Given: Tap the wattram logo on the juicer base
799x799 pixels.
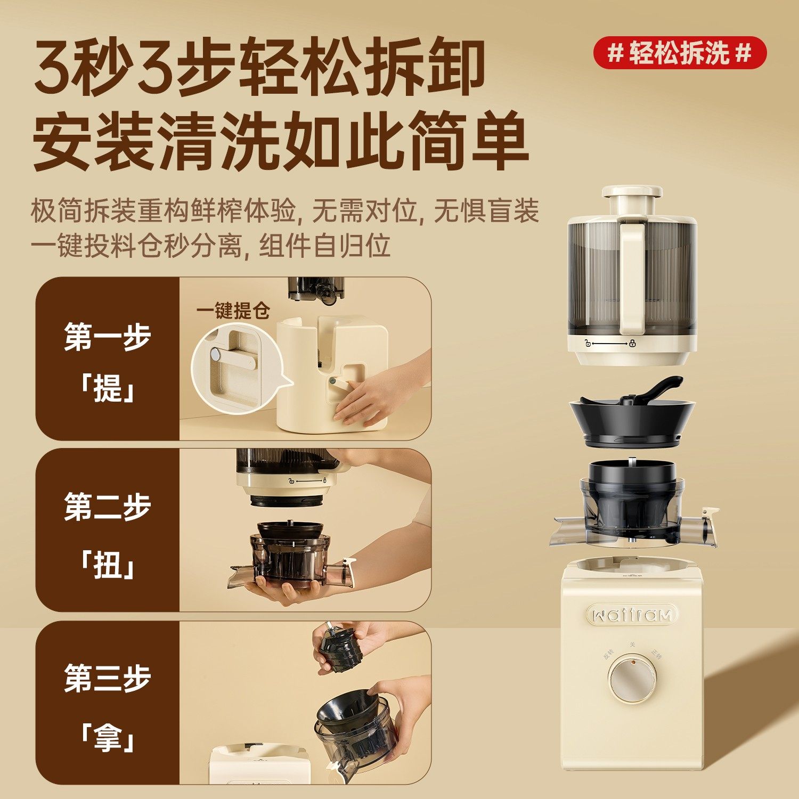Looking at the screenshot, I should coord(632,615).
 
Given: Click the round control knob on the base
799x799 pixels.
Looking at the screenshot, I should coord(632,679).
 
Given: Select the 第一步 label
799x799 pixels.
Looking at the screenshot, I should coord(108,337).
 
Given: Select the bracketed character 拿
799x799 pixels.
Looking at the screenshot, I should coord(108,738).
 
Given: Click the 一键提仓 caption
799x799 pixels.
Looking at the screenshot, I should coord(233,311).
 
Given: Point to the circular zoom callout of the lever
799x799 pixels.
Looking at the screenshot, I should coord(234,368).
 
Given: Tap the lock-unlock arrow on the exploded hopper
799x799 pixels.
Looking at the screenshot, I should coord(609,344).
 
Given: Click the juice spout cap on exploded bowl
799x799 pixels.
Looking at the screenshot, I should coord(710,515).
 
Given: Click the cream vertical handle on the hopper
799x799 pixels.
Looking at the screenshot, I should coord(632,277).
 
